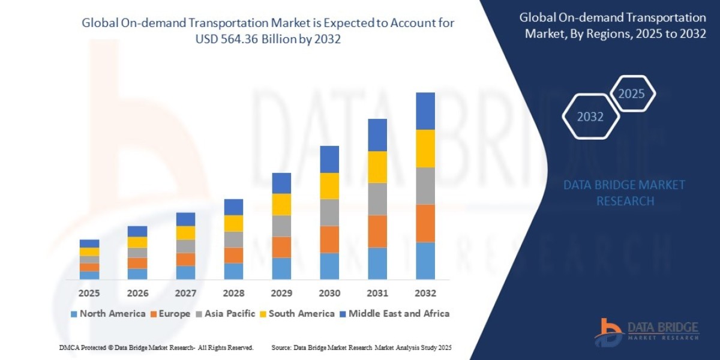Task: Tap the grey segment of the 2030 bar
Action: tap(329, 212)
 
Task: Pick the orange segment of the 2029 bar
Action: tap(281, 247)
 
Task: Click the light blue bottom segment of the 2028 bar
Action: tap(233, 271)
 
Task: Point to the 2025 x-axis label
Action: tap(89, 293)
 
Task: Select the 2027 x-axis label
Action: tap(185, 293)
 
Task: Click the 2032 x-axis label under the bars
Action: tap(425, 293)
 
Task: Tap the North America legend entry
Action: tap(108, 313)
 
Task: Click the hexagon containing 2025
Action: tap(631, 94)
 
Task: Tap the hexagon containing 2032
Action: tap(590, 117)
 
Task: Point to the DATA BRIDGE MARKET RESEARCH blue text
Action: tap(625, 193)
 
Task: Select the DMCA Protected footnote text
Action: tap(156, 347)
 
